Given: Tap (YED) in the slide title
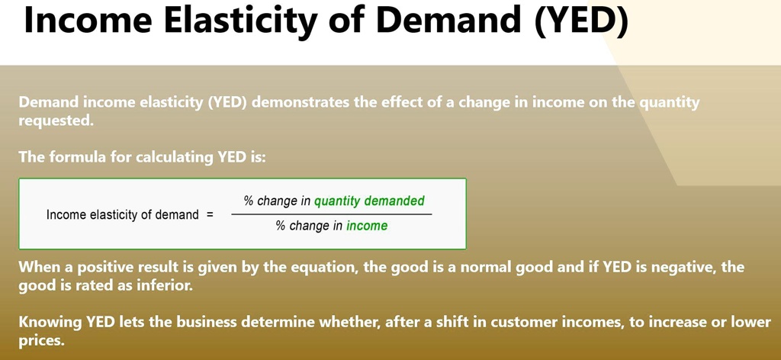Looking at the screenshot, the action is click(580, 21).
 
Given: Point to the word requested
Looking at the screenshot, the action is click(56, 121).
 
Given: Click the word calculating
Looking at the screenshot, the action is click(175, 157).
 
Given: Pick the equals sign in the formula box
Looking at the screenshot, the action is click(209, 215).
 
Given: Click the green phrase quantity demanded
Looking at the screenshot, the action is click(369, 201).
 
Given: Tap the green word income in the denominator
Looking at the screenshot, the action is click(367, 226).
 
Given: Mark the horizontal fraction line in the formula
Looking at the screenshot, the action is click(332, 214).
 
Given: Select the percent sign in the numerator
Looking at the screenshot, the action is click(249, 201).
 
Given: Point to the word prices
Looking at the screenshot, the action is click(42, 342).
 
